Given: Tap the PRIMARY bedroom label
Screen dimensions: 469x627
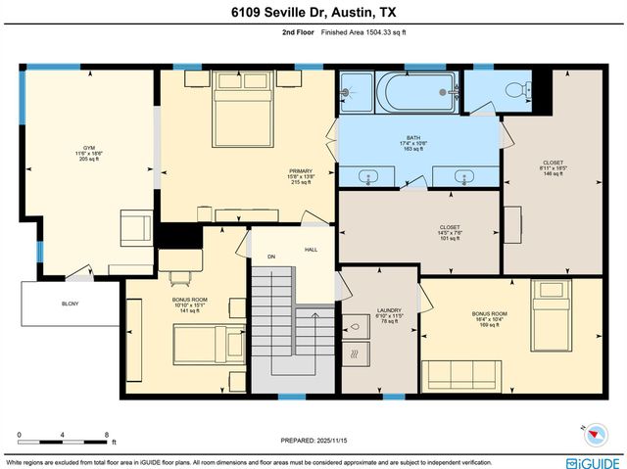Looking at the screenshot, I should click(300, 170).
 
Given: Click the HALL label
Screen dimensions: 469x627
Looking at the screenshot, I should click(311, 250).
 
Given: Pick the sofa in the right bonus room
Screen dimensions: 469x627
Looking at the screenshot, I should click(460, 374).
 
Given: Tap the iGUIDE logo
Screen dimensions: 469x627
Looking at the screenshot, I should click(592, 460).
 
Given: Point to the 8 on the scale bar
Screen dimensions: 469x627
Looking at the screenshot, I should click(106, 433).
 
